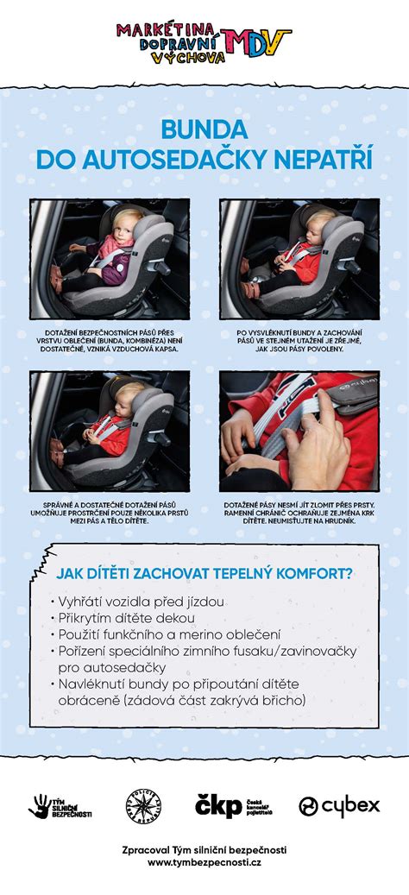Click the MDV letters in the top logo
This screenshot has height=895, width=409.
[x=256, y=39]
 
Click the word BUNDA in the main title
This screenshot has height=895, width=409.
[x=204, y=129]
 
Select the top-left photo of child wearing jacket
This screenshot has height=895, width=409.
[x=110, y=259]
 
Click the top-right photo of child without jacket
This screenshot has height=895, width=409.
[x=299, y=259]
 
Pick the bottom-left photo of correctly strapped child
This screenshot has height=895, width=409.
[x=110, y=431]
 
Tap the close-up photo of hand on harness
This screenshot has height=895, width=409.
[x=299, y=431]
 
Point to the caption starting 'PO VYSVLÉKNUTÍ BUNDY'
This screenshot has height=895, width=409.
[x=299, y=339]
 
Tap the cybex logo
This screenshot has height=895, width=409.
[x=339, y=806]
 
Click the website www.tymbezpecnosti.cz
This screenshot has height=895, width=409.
[x=204, y=862]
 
